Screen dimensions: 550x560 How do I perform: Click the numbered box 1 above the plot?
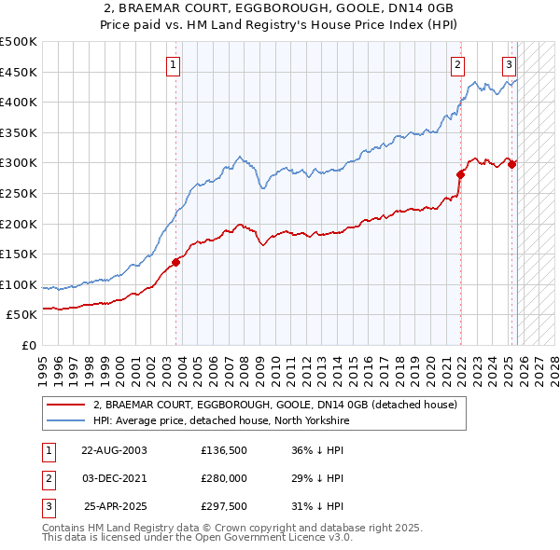point(175,64)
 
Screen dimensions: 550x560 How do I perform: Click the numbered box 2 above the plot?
point(458,64)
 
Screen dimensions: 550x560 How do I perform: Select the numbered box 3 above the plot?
point(510,64)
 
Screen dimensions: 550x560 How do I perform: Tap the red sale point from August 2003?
point(175,262)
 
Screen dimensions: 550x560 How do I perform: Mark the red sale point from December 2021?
point(460,174)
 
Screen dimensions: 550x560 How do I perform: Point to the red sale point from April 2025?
point(512,164)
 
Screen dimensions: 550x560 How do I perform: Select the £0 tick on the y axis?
point(28,345)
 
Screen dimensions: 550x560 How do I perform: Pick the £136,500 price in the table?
point(223,449)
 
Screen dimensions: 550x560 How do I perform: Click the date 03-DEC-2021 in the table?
point(114,478)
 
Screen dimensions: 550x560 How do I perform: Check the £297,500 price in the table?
point(223,507)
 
